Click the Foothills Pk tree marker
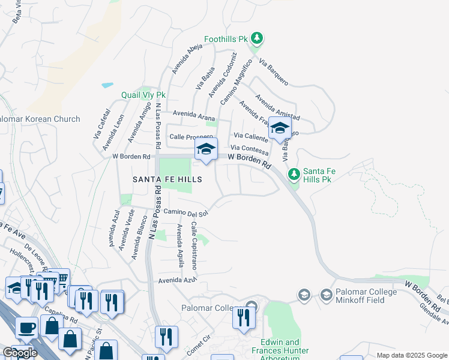click(x=257, y=39)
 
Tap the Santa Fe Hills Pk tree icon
click(x=294, y=175)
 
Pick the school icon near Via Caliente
click(x=280, y=128)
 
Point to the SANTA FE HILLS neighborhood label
click(x=167, y=179)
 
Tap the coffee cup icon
click(x=26, y=328)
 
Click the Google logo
click(x=19, y=353)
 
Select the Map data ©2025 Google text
click(x=411, y=355)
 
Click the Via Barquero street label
click(x=274, y=71)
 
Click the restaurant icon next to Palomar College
click(x=243, y=317)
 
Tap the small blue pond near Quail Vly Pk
click(x=107, y=85)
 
